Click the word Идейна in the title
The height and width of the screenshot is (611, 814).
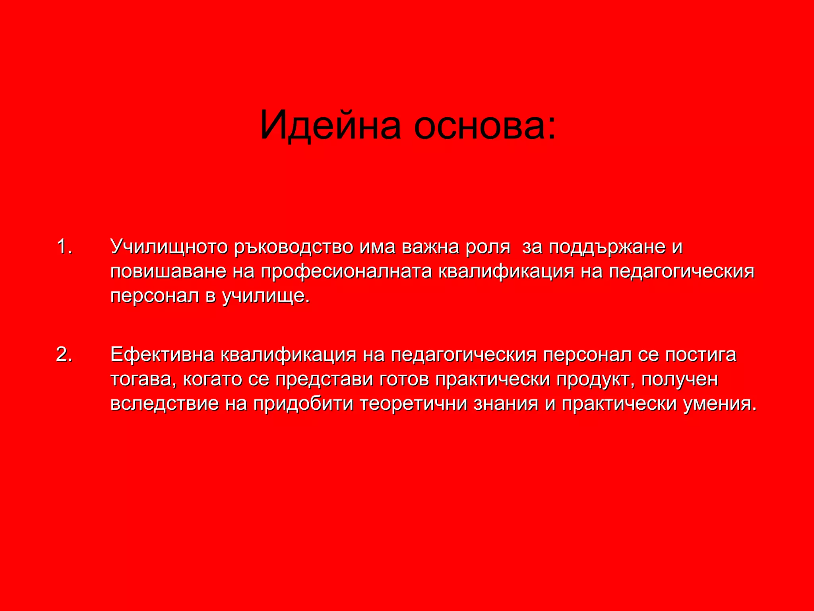[330, 125]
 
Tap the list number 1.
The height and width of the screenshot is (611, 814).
[64, 247]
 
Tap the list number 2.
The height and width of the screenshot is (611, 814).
[64, 354]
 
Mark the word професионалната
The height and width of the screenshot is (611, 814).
[346, 272]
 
